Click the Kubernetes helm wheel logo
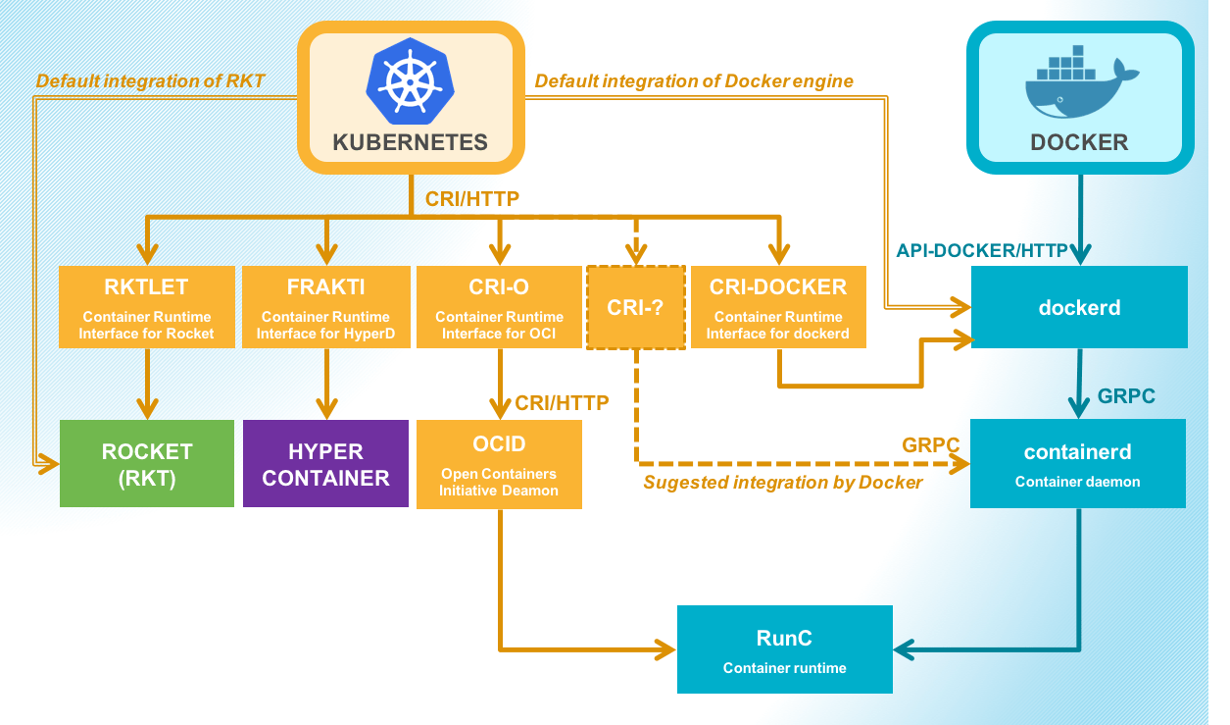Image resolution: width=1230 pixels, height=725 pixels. (410, 81)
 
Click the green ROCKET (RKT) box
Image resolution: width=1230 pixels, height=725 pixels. (147, 463)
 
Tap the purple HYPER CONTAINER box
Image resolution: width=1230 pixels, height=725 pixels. (325, 463)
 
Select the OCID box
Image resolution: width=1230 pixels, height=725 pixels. (499, 464)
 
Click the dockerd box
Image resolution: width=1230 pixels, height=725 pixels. (1079, 307)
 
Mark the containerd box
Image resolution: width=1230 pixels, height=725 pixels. (1077, 463)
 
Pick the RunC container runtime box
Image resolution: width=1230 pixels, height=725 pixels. (784, 649)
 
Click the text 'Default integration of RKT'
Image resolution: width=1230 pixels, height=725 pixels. (150, 81)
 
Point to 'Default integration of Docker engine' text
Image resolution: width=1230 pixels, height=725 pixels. (694, 81)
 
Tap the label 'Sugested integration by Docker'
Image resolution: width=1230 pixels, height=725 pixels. (782, 483)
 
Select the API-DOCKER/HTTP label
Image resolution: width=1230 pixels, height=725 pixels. (981, 251)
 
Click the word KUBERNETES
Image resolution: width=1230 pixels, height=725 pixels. (410, 142)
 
